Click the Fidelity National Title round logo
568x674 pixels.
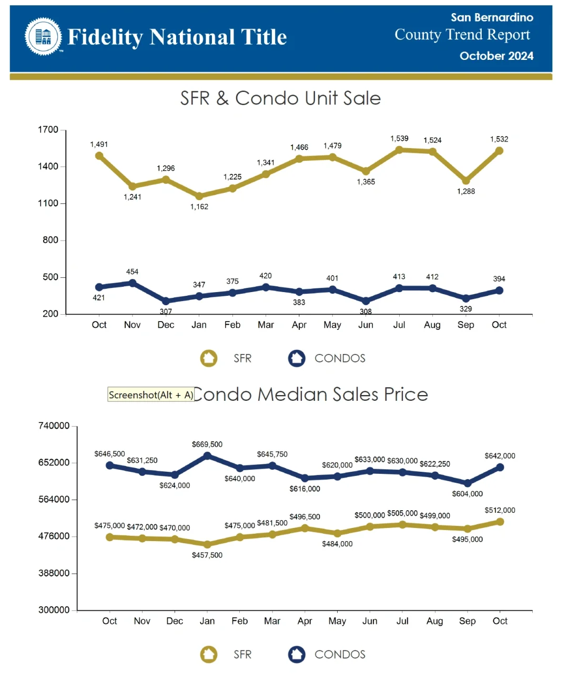pos(43,36)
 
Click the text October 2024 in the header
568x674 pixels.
pos(496,56)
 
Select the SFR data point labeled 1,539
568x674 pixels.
pos(399,150)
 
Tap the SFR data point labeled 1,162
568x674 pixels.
pos(199,196)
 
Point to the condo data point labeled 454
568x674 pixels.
pos(133,283)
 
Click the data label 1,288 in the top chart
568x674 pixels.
pos(466,191)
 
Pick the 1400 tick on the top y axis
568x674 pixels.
pos(48,167)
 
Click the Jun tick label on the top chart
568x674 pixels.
pos(366,325)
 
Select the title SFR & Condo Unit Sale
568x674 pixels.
pos(280,98)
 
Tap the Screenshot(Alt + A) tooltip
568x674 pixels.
pos(151,395)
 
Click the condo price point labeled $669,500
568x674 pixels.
pos(207,455)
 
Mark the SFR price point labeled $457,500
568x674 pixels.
pos(207,544)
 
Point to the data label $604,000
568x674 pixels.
pos(467,494)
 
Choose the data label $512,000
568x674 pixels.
pos(500,510)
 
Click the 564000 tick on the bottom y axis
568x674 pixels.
pos(54,499)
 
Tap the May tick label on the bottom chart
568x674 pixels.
pos(337,621)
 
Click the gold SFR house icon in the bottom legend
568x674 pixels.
pos(209,654)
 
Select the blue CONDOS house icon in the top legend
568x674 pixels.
pos(297,358)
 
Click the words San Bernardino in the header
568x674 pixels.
pos(492,17)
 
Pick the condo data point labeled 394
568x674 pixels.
pos(499,290)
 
